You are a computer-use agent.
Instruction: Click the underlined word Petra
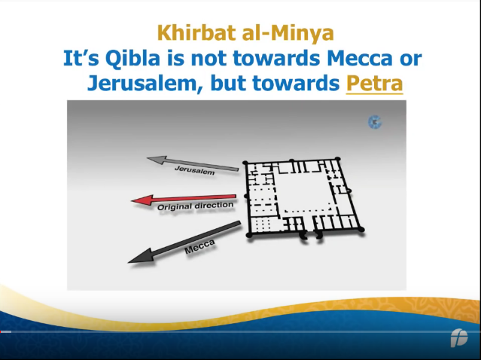pyautogui.click(x=374, y=83)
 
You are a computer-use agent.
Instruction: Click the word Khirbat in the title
pyautogui.click(x=197, y=33)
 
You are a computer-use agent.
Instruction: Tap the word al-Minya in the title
pyautogui.click(x=288, y=33)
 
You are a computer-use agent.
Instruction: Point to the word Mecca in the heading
pyautogui.click(x=360, y=58)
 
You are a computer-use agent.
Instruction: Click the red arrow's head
pyautogui.click(x=142, y=200)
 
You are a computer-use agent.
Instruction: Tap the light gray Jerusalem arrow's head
pyautogui.click(x=157, y=160)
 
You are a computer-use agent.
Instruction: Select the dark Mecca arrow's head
pyautogui.click(x=140, y=257)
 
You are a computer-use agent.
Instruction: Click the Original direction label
pyautogui.click(x=196, y=206)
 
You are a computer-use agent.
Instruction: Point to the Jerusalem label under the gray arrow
pyautogui.click(x=194, y=170)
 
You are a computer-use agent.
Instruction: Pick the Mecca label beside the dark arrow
pyautogui.click(x=199, y=247)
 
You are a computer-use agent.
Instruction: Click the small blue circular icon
pyautogui.click(x=375, y=122)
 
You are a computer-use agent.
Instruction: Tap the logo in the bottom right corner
pyautogui.click(x=459, y=338)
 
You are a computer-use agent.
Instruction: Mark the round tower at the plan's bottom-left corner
pyautogui.click(x=249, y=236)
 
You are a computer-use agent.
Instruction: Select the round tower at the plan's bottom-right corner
pyautogui.click(x=361, y=229)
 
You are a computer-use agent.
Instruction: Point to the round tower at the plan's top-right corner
pyautogui.click(x=337, y=159)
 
